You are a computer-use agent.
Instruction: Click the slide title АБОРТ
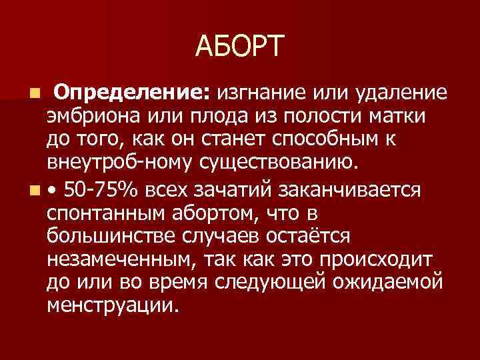240,47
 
